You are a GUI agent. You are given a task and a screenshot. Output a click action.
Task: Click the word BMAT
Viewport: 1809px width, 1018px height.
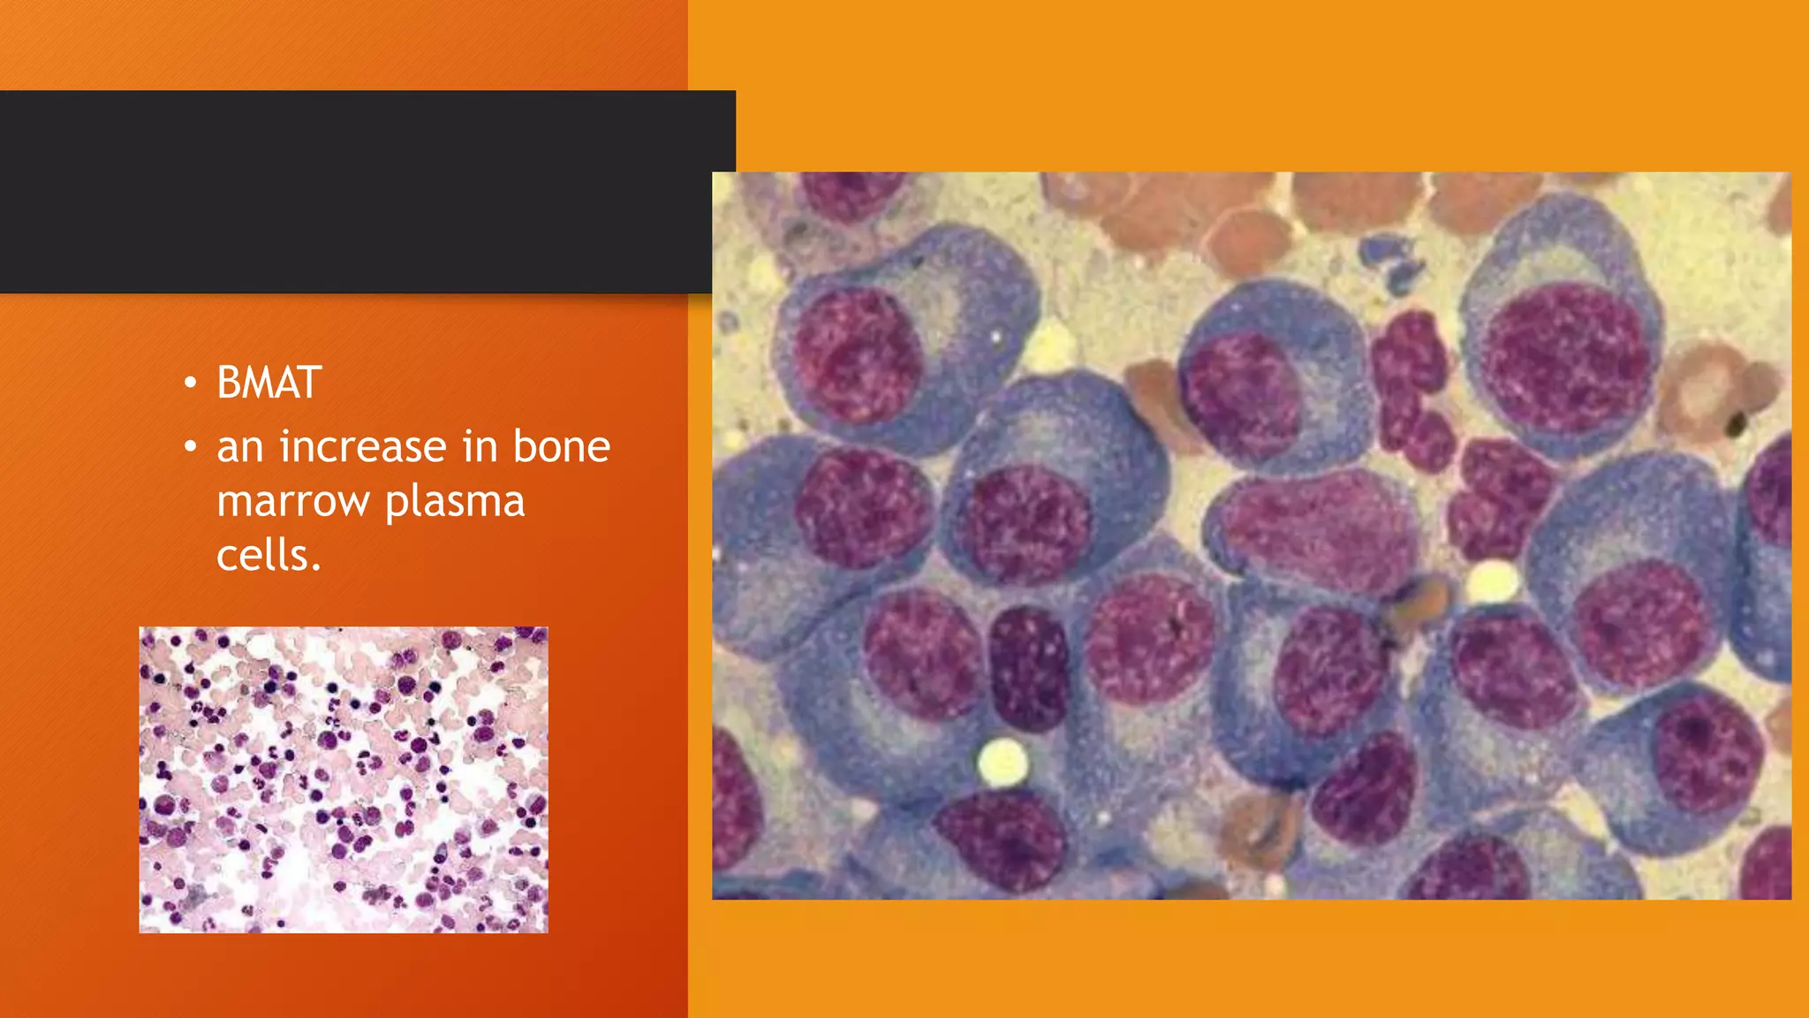269,384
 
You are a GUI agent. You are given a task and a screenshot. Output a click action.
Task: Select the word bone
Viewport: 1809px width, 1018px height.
562,446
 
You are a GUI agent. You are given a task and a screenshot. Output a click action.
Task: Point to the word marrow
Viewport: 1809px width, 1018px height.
292,501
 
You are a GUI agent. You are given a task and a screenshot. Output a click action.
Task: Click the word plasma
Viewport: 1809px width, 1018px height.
455,503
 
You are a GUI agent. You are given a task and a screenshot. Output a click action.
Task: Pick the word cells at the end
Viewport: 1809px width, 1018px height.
268,556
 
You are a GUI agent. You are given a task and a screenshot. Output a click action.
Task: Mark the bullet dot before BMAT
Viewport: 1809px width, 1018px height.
190,384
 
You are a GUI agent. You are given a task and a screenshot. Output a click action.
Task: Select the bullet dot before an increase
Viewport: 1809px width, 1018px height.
190,447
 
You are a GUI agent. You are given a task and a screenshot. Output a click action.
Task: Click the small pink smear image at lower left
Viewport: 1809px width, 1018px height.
344,779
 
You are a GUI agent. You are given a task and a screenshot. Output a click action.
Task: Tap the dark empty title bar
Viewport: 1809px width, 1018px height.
353,192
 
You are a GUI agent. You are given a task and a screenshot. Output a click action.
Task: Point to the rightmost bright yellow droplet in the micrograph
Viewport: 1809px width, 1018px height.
1492,581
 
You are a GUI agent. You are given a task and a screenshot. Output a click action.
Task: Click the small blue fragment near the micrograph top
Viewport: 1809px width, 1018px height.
1391,260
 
